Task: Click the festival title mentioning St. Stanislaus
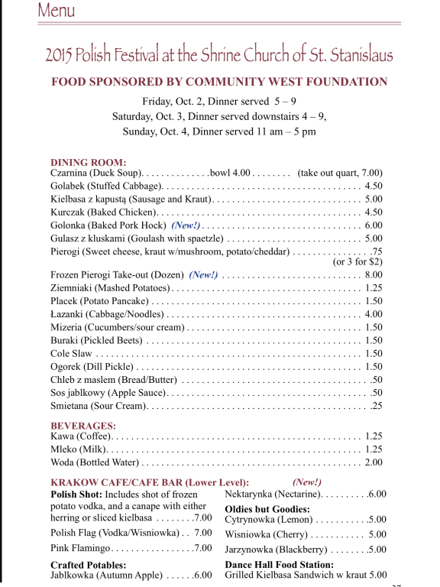[219, 54]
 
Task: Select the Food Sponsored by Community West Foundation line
[219, 82]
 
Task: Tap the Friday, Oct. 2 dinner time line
[219, 102]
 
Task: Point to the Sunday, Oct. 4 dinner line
[219, 131]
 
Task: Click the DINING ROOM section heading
[88, 162]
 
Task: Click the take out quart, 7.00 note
[340, 173]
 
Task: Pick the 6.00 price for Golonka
[374, 225]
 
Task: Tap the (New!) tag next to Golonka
[186, 225]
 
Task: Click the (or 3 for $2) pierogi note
[357, 261]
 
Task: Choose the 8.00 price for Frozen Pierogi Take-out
[374, 274]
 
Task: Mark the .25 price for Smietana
[376, 406]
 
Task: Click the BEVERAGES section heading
[83, 425]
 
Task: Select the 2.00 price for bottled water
[374, 462]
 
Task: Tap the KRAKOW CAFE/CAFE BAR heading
[149, 482]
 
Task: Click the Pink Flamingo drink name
[82, 548]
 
